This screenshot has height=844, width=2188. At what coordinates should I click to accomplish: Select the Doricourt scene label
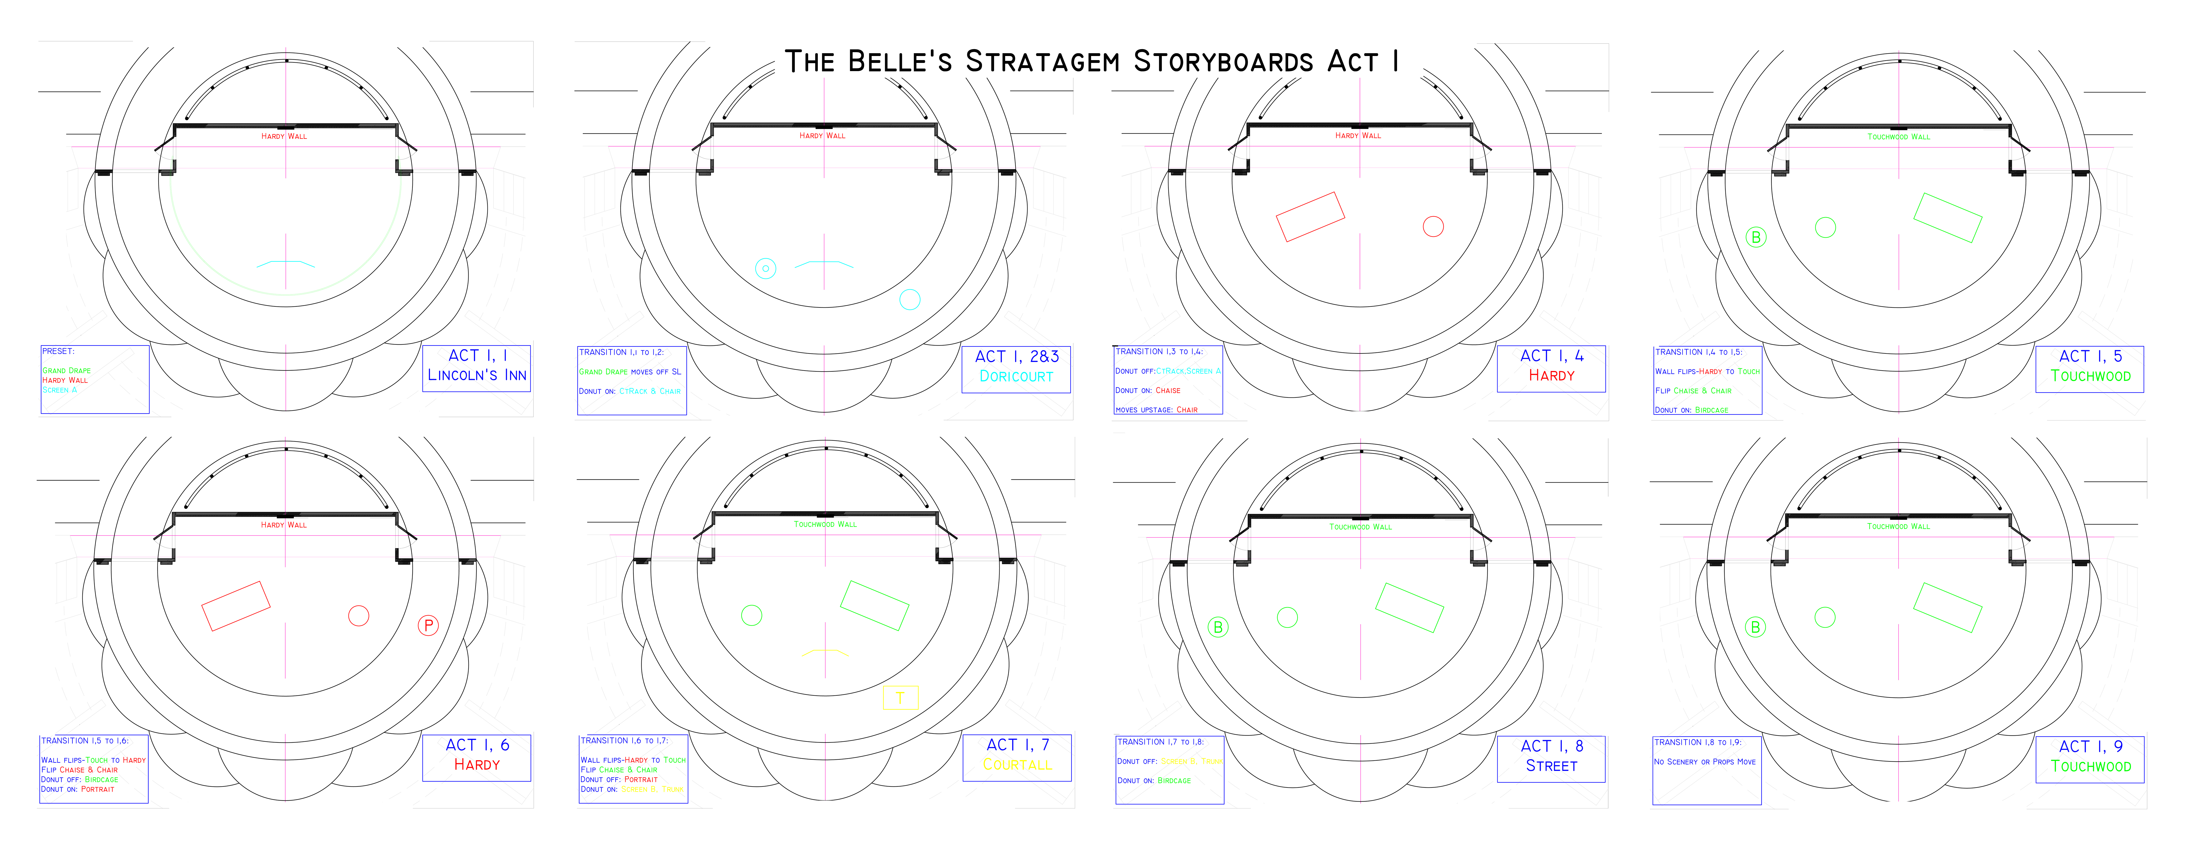coord(1016,376)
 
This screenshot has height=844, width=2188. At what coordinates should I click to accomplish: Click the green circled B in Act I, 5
coord(1756,237)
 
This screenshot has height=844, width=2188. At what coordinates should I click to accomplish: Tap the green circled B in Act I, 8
coord(1218,627)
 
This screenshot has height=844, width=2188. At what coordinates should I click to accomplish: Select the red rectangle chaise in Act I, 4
coord(1311,217)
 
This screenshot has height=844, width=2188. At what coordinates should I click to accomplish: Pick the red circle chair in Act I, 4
coord(1433,226)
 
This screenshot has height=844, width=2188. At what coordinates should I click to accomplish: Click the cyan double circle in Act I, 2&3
coord(765,268)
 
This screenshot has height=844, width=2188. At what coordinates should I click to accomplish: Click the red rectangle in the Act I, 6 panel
coord(235,605)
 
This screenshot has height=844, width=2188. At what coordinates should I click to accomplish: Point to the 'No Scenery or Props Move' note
coord(1704,762)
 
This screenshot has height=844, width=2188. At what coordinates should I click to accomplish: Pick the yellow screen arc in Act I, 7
coord(825,652)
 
